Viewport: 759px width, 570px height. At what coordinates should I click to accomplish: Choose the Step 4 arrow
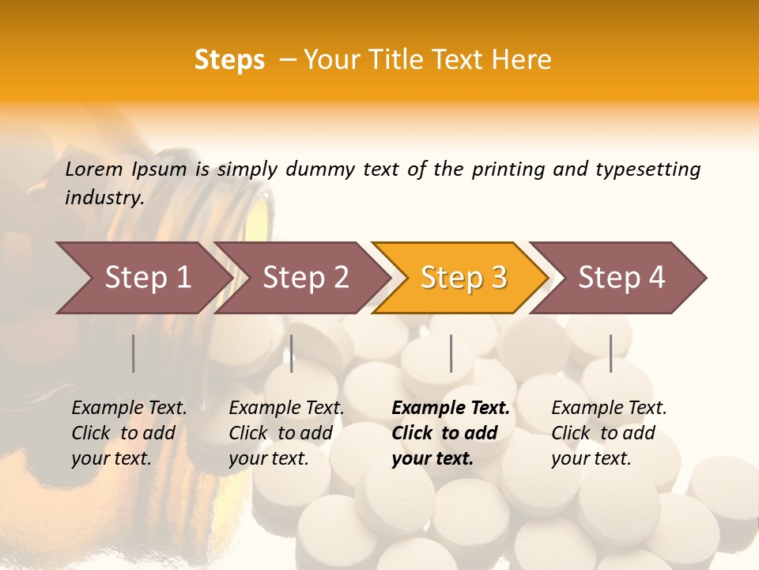(x=621, y=277)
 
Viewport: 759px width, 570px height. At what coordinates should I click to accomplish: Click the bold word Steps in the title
(x=229, y=60)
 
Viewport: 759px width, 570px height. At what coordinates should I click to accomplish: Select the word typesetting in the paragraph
(x=648, y=169)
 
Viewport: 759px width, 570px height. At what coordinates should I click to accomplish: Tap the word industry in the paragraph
(x=104, y=197)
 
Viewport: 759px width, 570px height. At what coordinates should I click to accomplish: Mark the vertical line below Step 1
(x=134, y=353)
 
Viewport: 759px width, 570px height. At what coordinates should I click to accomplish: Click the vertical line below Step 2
(x=292, y=353)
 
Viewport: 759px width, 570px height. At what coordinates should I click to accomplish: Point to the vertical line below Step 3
(x=451, y=353)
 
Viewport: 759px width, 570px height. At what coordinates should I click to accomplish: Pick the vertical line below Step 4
(x=611, y=353)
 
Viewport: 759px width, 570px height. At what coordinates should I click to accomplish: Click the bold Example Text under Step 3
(x=451, y=408)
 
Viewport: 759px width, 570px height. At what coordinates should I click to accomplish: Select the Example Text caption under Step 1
(x=129, y=408)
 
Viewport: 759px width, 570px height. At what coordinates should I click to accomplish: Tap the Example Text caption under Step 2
(x=286, y=408)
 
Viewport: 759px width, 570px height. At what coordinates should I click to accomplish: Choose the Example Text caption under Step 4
(x=609, y=408)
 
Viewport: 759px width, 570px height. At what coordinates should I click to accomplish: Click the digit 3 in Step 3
(x=498, y=277)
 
